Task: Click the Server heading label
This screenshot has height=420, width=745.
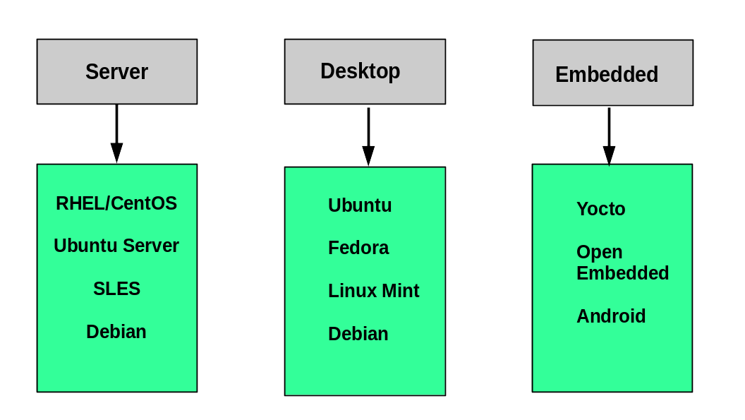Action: [116, 72]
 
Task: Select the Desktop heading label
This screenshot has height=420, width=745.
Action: [360, 71]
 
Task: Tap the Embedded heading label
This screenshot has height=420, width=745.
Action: [607, 75]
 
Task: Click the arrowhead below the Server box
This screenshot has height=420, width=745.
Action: [116, 153]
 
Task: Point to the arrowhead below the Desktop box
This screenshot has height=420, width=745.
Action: [368, 155]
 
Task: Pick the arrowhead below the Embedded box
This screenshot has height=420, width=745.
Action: [609, 155]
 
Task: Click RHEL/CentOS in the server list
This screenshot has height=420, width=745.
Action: [116, 204]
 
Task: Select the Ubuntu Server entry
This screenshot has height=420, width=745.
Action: [116, 246]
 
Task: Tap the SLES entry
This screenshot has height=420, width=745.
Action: [116, 289]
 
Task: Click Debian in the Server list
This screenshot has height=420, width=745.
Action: [116, 332]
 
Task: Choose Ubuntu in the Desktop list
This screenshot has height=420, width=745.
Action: [360, 206]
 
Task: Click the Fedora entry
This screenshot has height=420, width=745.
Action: [358, 248]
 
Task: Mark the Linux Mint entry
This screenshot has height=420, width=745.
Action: [374, 291]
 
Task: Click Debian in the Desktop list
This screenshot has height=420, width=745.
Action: [358, 334]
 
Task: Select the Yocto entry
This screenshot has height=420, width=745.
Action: [601, 210]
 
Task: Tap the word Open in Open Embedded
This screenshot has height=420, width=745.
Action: [599, 253]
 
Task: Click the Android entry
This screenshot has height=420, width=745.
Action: [611, 316]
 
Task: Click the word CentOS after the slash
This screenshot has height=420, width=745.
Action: [144, 204]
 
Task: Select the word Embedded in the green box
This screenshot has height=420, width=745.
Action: [622, 274]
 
